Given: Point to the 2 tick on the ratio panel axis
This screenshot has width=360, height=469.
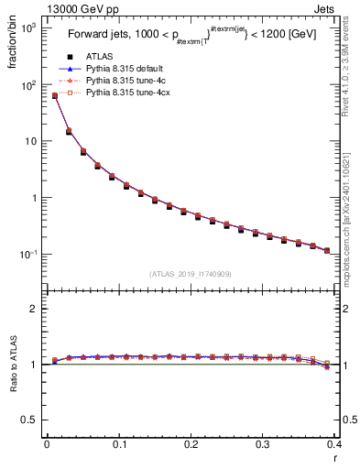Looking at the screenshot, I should point(34,309).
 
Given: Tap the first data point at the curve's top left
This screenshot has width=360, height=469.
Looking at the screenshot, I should point(54,95).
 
